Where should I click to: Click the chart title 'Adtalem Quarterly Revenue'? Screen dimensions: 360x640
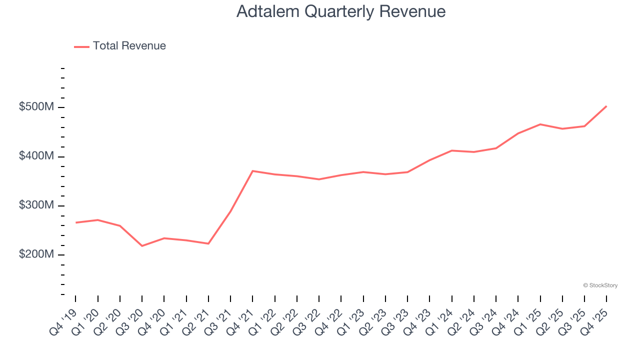pos(340,11)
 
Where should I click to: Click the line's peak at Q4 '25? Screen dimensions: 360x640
pos(606,106)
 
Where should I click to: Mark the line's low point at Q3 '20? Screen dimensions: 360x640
pos(142,246)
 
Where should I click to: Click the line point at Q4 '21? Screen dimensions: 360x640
pos(252,171)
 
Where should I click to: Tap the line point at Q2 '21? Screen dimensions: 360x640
pos(208,243)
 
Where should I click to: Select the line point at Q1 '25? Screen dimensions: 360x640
pos(540,124)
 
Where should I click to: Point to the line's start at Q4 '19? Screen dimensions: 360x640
pos(75,222)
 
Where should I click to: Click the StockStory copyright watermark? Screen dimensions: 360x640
pos(600,285)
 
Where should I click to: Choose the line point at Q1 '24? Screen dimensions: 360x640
pos(451,150)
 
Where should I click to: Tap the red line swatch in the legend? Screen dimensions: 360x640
pos(81,46)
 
